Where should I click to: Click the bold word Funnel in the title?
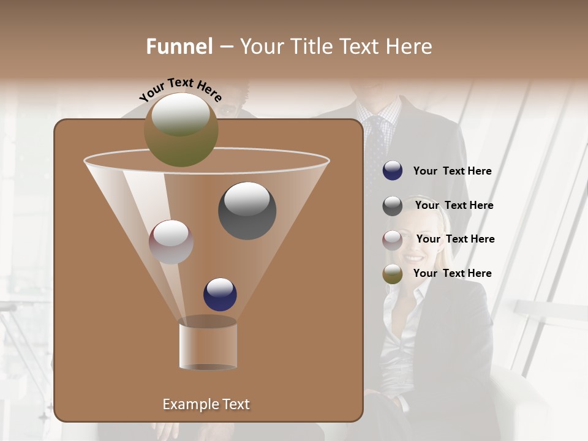179,47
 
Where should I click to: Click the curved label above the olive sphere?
180,89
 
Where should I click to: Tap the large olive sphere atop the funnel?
181,130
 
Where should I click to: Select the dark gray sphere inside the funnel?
247,211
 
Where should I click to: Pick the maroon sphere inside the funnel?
171,242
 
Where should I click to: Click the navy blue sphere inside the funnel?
220,294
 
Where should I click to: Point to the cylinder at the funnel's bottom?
208,344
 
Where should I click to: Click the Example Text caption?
206,404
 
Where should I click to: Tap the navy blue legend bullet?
393,171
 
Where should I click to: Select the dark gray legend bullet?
393,206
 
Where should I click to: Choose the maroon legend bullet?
393,239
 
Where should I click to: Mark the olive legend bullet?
393,274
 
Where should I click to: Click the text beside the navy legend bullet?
452,171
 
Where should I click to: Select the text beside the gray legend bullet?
454,206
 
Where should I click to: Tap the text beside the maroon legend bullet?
455,239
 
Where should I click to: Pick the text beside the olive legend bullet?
452,274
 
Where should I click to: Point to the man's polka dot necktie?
375,147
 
